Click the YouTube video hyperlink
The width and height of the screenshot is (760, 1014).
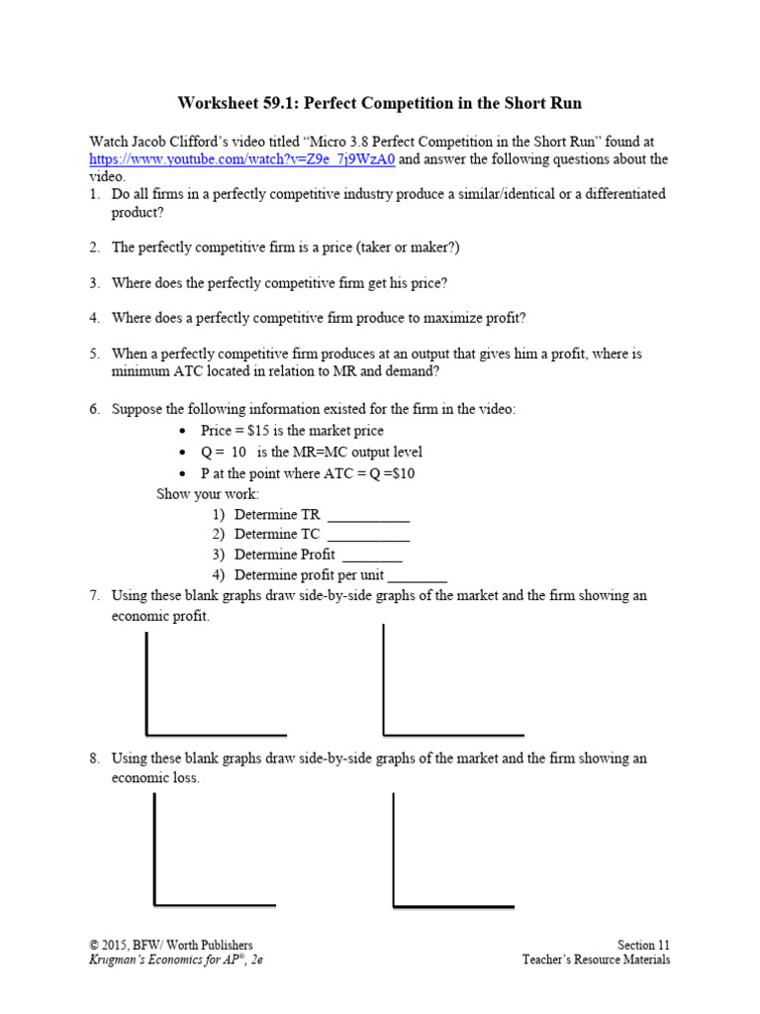(x=242, y=159)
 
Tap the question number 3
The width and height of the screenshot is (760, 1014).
(x=94, y=283)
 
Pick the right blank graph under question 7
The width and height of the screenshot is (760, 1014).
(x=453, y=684)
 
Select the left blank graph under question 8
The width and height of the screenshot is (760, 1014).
(x=215, y=850)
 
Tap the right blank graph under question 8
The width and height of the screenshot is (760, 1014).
(x=453, y=850)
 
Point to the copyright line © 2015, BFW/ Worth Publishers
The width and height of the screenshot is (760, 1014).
(x=170, y=946)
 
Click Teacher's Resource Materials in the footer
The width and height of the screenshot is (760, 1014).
(x=596, y=961)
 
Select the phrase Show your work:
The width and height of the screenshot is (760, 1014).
(x=208, y=494)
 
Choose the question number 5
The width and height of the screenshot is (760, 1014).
(x=94, y=354)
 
